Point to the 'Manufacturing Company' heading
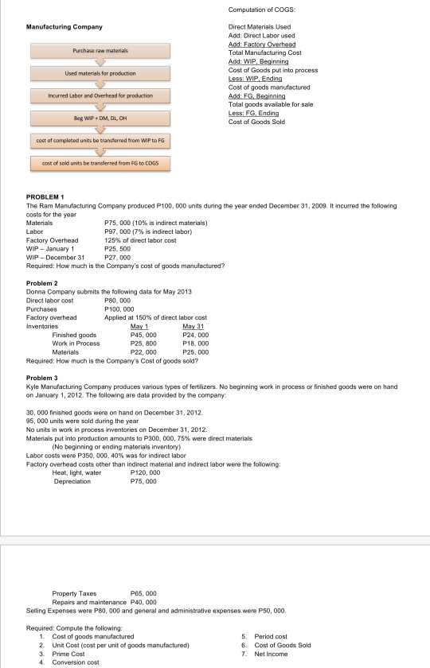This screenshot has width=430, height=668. click(59, 28)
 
